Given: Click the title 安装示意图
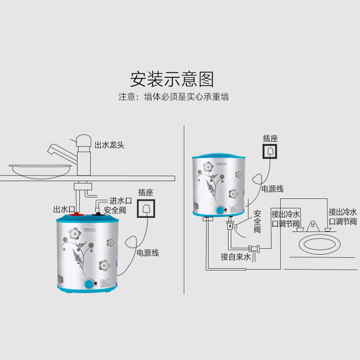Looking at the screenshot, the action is [172, 79].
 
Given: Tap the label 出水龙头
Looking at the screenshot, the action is [109, 145].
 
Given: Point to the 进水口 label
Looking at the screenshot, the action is [119, 201].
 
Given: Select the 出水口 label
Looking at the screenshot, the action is [63, 209].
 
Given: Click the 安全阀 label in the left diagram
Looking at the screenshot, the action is [114, 210].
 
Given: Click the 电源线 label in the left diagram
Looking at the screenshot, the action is [148, 252].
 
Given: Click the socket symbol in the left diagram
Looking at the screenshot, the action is [146, 209].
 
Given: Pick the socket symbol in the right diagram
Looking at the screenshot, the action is [270, 152].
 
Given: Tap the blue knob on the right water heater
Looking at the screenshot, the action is [220, 211].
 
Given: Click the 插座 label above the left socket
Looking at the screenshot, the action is [146, 192].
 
